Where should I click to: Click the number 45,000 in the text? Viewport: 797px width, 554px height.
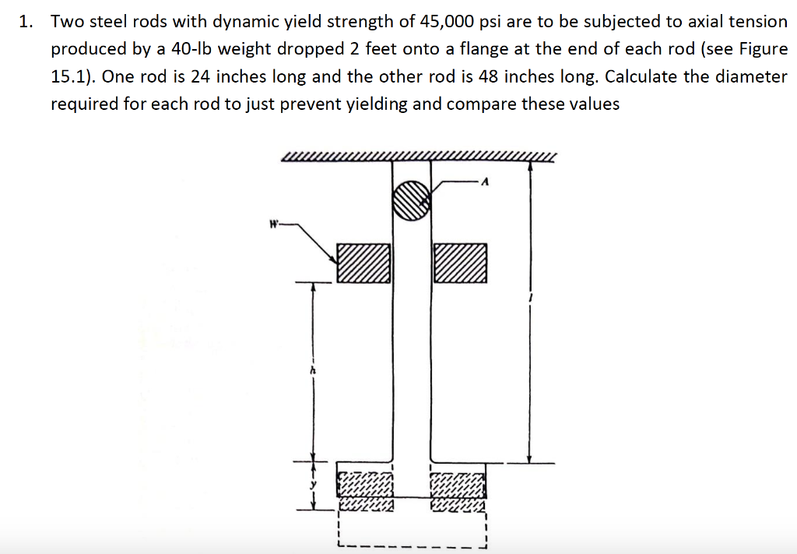coord(447,22)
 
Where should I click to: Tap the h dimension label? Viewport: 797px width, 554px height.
coord(312,372)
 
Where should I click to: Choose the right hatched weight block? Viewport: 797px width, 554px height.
coord(460,263)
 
